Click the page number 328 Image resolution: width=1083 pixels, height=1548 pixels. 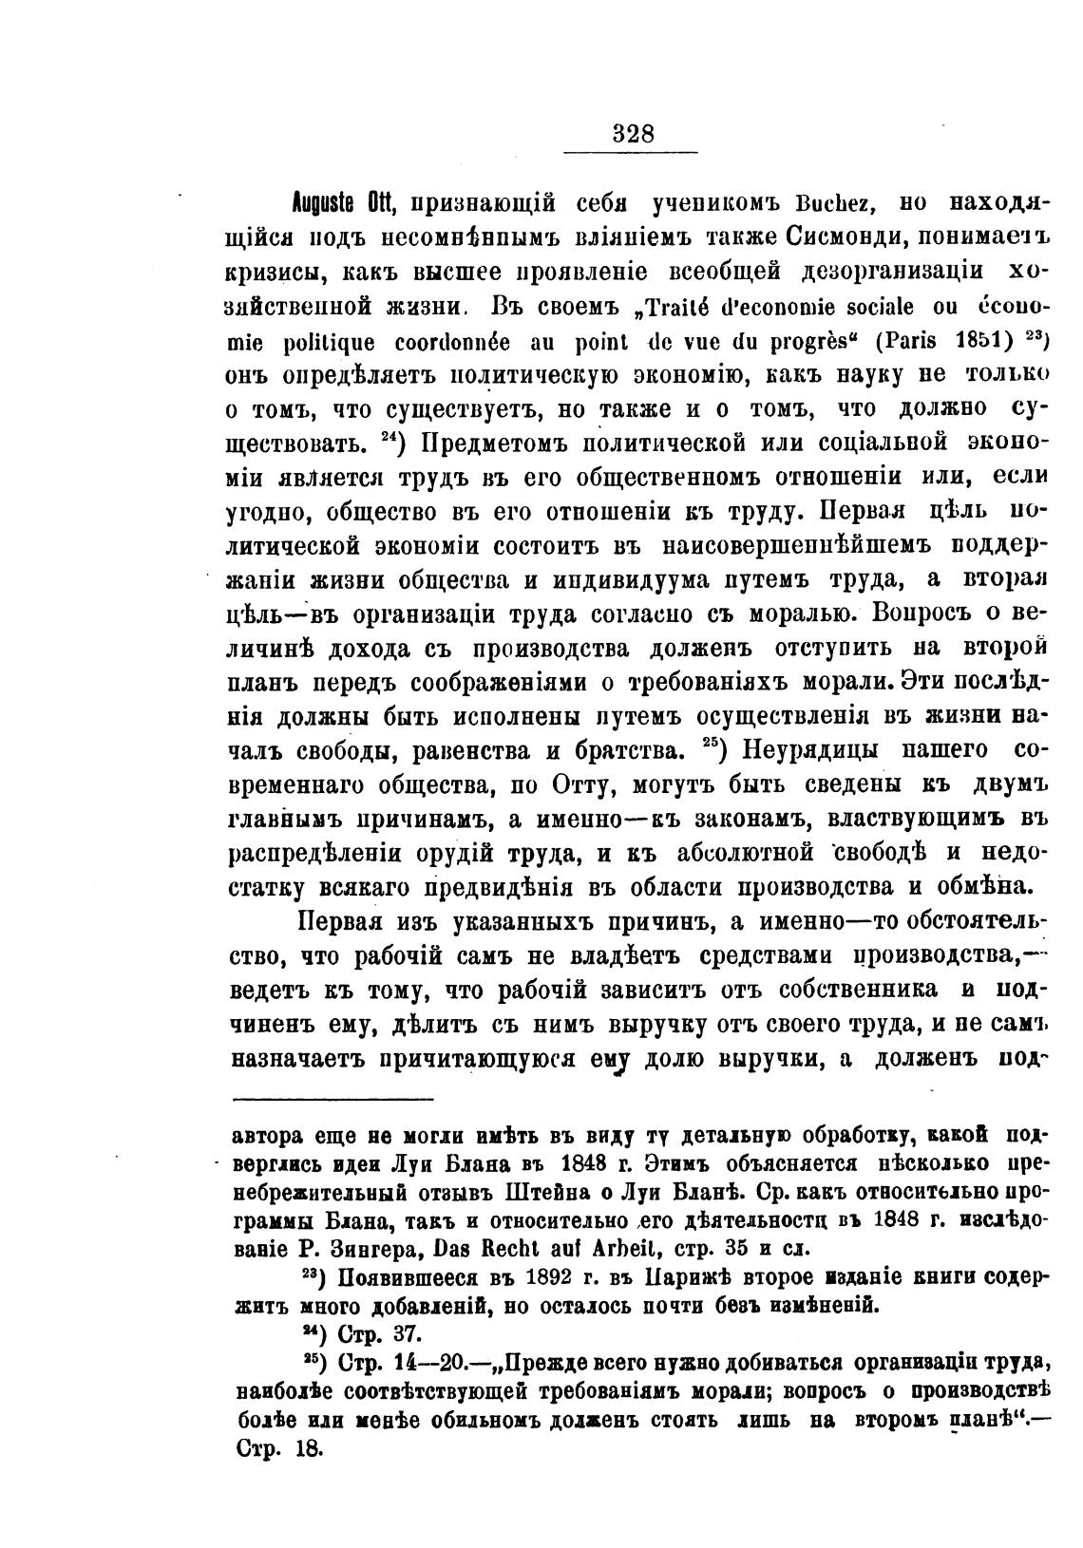pos(633,133)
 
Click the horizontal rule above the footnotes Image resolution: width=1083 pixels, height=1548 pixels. pos(332,1099)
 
